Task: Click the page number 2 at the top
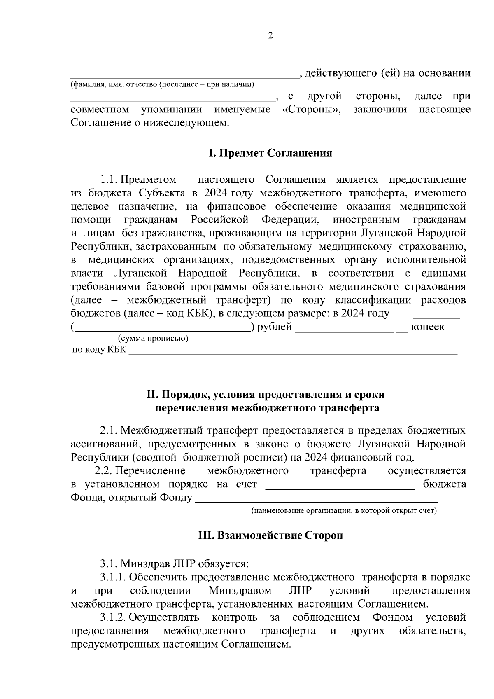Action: pyautogui.click(x=270, y=36)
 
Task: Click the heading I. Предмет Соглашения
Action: pyautogui.click(x=270, y=153)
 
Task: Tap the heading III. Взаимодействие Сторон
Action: pyautogui.click(x=270, y=535)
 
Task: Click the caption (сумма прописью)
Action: pyautogui.click(x=153, y=339)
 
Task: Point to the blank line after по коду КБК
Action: pyautogui.click(x=293, y=351)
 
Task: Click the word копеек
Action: pyautogui.click(x=428, y=327)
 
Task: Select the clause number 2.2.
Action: pyautogui.click(x=104, y=471)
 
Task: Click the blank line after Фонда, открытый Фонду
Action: pyautogui.click(x=316, y=500)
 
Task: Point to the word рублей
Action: pyautogui.click(x=274, y=327)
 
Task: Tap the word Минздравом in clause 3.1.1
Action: pyautogui.click(x=240, y=591)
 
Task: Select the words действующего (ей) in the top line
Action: pyautogui.click(x=352, y=73)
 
